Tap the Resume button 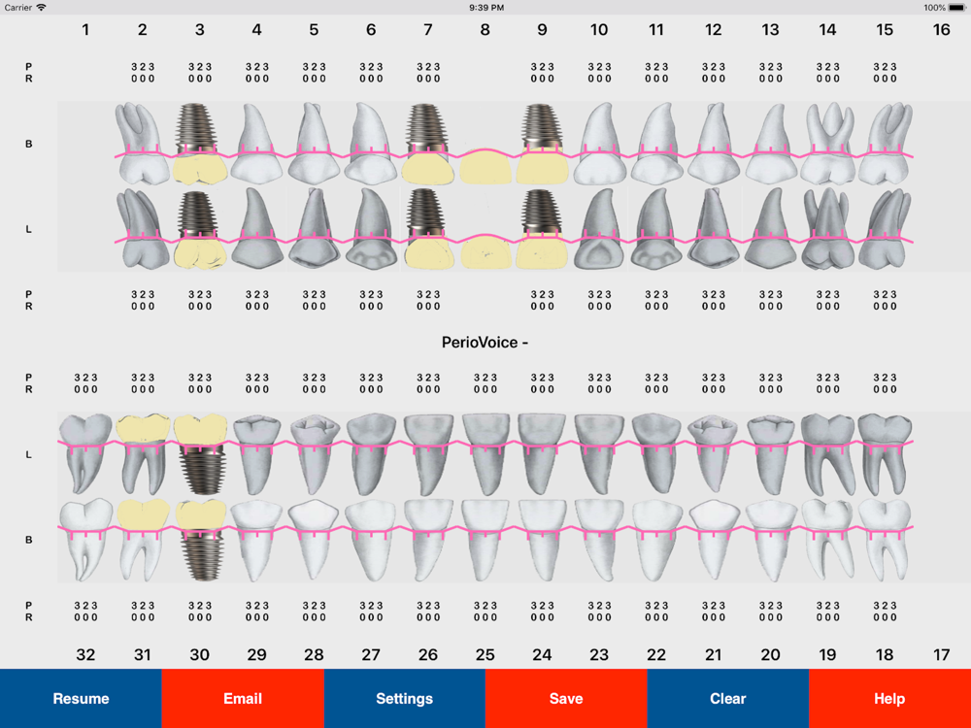81,698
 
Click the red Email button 243,698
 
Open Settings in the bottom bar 404,698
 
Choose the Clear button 727,698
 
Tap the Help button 889,698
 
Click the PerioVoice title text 485,343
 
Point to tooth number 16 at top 941,30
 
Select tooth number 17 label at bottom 941,655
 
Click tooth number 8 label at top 485,30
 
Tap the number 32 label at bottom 85,655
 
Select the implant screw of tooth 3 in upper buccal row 199,129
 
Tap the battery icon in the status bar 957,7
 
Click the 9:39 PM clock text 485,7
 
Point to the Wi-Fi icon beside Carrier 41,7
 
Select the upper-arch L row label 28,229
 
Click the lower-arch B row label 28,540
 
